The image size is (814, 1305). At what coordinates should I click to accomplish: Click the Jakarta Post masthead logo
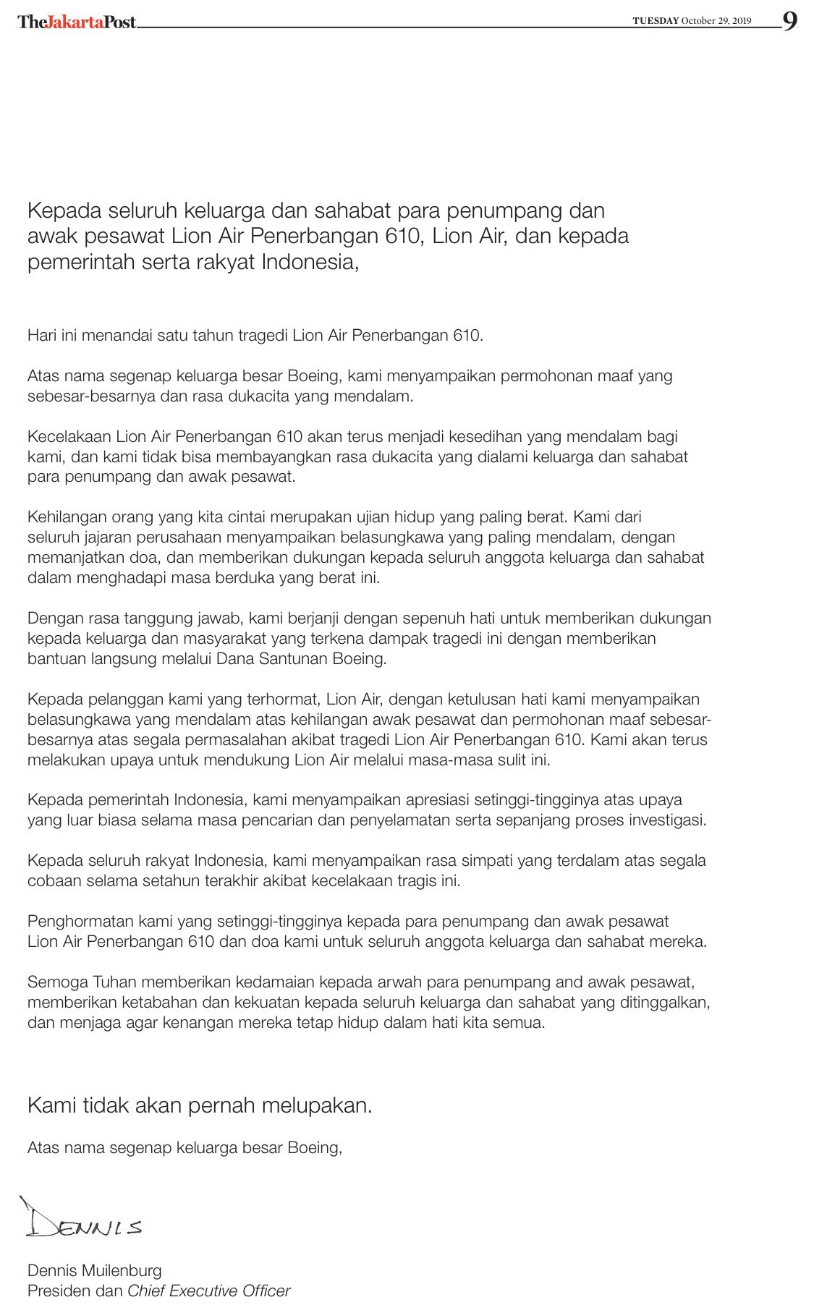pyautogui.click(x=77, y=22)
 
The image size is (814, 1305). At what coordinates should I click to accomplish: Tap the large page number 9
pyautogui.click(x=790, y=21)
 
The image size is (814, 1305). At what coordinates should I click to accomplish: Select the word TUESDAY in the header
pyautogui.click(x=656, y=21)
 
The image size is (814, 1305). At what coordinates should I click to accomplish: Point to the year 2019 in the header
pyautogui.click(x=742, y=21)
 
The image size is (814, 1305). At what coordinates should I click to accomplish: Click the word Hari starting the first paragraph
pyautogui.click(x=41, y=336)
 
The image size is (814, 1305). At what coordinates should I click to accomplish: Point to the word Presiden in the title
pyautogui.click(x=55, y=1291)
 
